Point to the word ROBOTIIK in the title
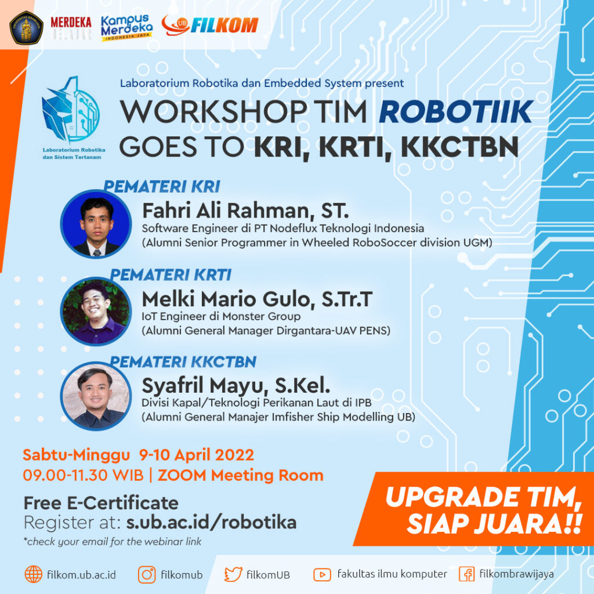(455, 111)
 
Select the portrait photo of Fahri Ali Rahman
(96, 224)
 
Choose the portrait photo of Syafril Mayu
(96, 396)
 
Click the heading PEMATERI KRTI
(171, 274)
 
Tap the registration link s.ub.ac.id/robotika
(211, 522)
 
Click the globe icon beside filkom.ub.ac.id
(33, 574)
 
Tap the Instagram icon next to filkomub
(147, 574)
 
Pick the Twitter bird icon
(233, 574)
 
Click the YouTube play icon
(322, 574)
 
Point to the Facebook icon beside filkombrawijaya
(467, 574)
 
